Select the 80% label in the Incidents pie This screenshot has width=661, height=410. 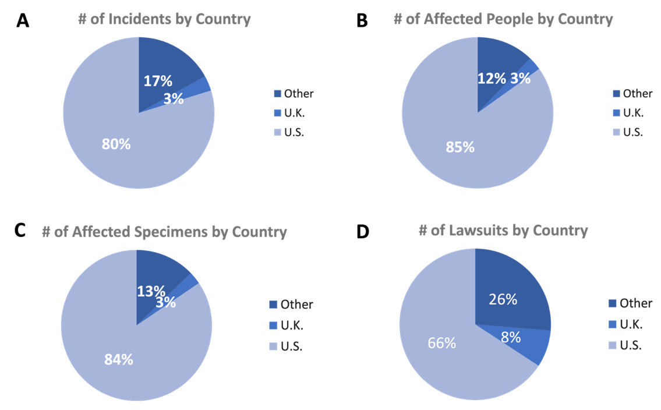116,144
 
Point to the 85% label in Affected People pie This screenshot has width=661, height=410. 460,147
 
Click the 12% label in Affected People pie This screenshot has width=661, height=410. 492,79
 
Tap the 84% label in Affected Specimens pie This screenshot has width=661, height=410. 119,359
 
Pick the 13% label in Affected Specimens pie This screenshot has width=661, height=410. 151,291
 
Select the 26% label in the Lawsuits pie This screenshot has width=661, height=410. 503,299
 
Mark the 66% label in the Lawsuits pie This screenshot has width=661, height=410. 441,343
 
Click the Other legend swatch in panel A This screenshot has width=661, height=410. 278,94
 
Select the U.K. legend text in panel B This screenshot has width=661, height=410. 633,112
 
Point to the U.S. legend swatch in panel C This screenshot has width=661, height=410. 273,347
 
